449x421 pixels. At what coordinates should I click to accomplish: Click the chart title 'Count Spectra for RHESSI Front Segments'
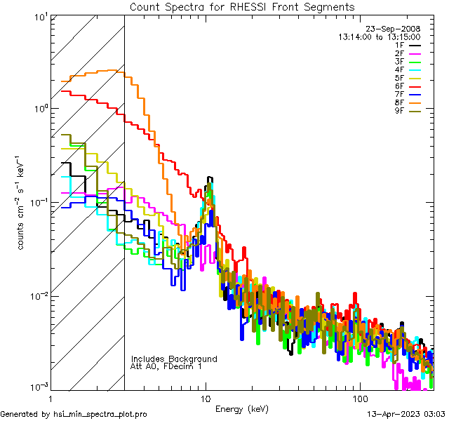[x=242, y=7]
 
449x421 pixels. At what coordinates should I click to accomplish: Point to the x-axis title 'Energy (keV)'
[x=242, y=408]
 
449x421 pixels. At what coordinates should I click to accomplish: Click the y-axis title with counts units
[x=22, y=201]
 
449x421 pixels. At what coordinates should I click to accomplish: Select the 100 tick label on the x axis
[x=359, y=398]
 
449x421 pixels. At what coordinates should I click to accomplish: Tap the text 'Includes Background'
[x=174, y=359]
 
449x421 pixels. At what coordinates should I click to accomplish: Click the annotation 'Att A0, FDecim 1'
[x=166, y=366]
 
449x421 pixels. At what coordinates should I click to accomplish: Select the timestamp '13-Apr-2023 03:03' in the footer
[x=406, y=414]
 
